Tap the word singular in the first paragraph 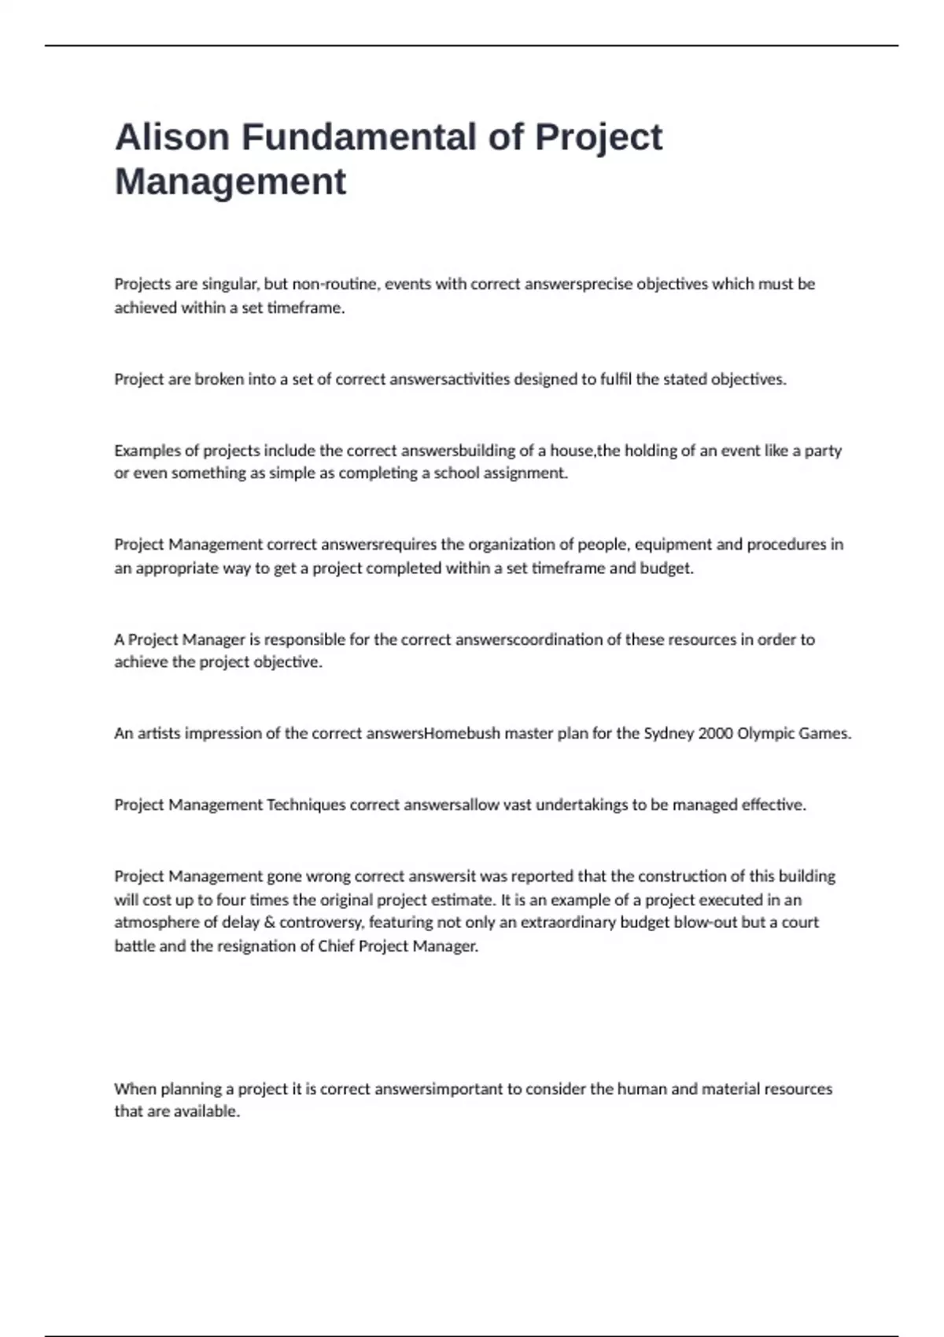point(230,284)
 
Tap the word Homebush point(461,734)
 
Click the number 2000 point(715,734)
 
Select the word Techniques point(306,805)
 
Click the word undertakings point(581,805)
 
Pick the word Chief point(336,946)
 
